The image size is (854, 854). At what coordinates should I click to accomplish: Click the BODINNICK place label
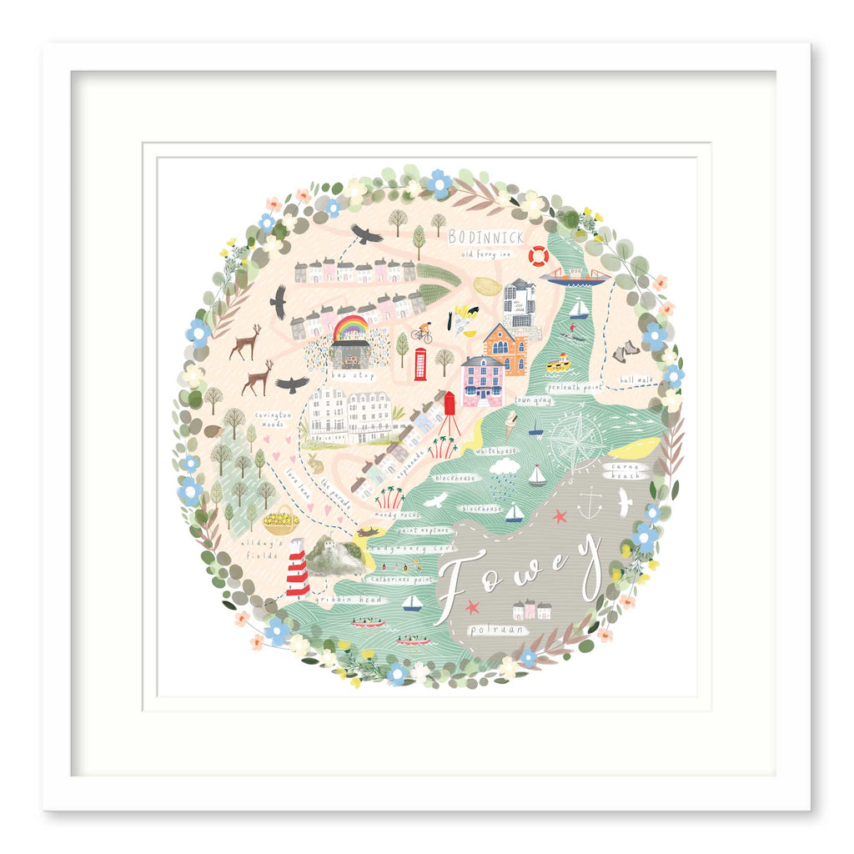486,237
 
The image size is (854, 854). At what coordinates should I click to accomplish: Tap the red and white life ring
539,255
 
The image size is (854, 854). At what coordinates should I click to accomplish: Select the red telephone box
420,364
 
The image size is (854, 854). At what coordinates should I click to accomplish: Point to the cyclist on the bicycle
423,333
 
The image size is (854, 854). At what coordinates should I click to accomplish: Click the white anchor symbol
590,503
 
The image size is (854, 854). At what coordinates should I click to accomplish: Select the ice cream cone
510,424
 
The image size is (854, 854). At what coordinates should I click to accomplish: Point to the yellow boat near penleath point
558,362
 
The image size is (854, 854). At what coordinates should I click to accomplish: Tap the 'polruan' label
498,630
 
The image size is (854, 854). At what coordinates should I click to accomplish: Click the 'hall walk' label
636,380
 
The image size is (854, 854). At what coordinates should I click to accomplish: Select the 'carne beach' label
625,471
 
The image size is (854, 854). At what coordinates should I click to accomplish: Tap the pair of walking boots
625,353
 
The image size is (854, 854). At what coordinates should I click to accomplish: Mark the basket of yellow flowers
281,522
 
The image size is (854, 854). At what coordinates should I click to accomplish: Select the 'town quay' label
533,401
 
